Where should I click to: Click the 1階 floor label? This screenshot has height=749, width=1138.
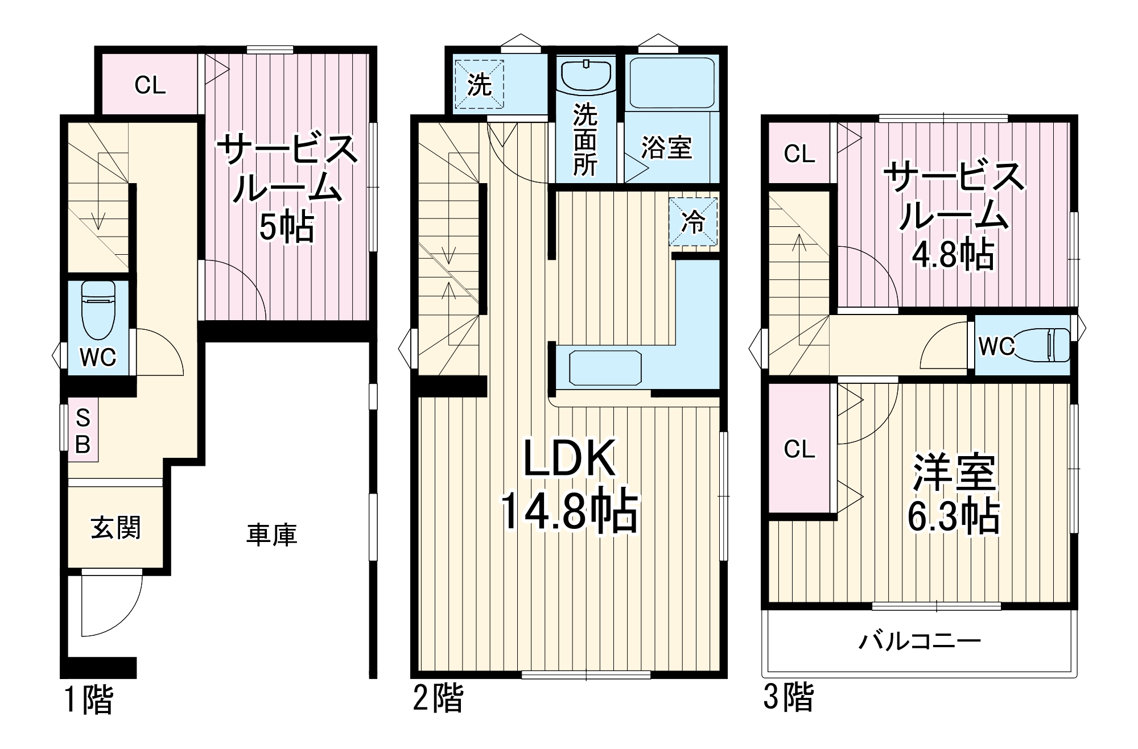click(x=89, y=699)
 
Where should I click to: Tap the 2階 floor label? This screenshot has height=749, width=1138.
click(x=438, y=698)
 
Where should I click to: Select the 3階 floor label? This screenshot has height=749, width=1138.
click(x=789, y=697)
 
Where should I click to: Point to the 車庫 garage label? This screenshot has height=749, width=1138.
click(x=271, y=535)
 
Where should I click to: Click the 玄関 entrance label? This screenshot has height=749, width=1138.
click(x=116, y=528)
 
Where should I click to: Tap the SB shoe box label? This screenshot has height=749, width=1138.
click(x=83, y=432)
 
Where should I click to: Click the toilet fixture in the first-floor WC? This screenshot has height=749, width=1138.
click(x=98, y=310)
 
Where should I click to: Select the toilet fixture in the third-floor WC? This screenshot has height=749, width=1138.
click(x=1046, y=345)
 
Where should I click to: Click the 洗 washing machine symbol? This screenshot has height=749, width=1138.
click(x=480, y=85)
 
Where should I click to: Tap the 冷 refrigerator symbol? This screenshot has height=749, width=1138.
click(x=693, y=222)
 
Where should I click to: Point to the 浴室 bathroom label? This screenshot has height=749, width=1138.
click(x=666, y=147)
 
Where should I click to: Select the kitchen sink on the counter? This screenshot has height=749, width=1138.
click(x=605, y=367)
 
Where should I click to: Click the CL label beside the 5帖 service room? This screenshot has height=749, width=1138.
click(x=150, y=85)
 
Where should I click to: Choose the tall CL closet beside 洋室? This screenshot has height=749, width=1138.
click(x=799, y=449)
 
